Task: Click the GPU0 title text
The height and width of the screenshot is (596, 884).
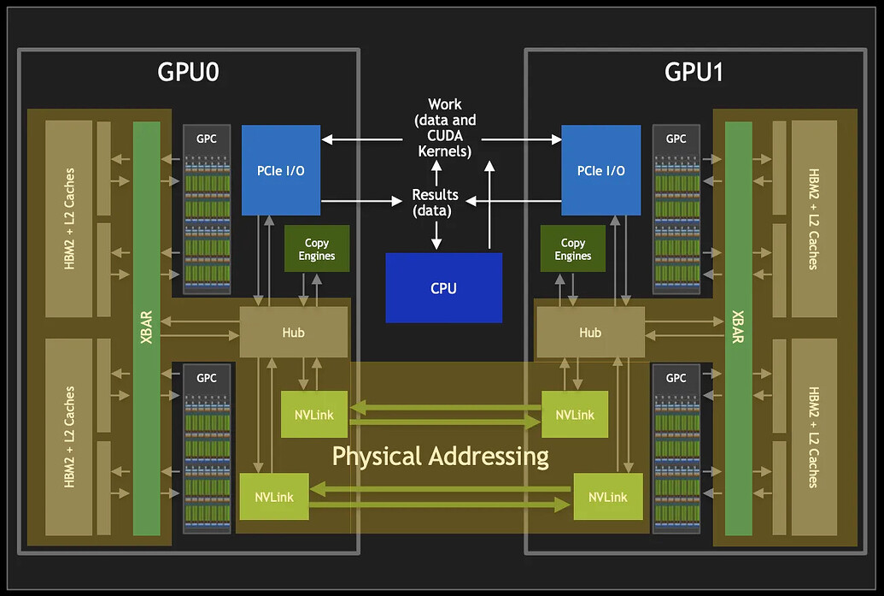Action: (188, 72)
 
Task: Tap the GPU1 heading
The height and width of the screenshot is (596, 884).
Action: (694, 72)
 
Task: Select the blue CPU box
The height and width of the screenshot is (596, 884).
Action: (443, 288)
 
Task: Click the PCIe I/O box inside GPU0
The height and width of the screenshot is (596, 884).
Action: (281, 170)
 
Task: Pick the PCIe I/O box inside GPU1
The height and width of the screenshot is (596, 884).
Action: (600, 170)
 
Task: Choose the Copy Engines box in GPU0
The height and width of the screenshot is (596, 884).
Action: (317, 249)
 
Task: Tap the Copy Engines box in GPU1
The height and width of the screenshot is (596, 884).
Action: (572, 249)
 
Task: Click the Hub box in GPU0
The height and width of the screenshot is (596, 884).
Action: (293, 333)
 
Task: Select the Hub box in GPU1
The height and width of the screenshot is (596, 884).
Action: (590, 333)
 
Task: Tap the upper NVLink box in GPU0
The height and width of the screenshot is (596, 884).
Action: (313, 415)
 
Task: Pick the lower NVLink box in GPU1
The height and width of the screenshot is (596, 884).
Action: (607, 497)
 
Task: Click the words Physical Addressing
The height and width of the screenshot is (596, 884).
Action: (440, 456)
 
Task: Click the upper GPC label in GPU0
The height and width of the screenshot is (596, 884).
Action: (208, 139)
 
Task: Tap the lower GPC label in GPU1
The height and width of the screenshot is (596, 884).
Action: (676, 377)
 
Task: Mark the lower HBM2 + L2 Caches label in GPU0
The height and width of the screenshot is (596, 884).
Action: (69, 436)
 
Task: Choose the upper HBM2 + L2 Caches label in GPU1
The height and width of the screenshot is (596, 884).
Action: (812, 218)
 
